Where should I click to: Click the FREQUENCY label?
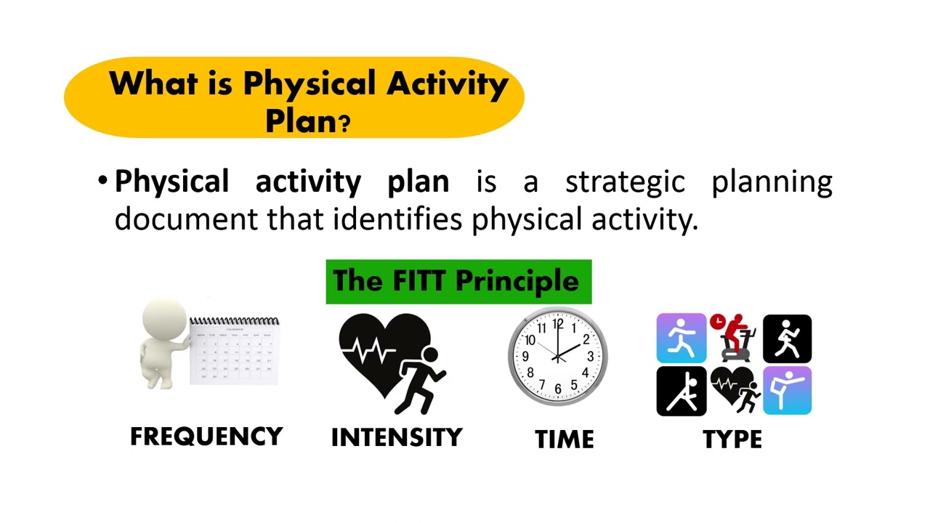(206, 437)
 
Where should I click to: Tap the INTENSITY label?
(397, 437)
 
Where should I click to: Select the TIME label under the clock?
(565, 439)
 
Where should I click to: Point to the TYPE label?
(732, 439)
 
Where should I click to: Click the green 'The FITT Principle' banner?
(458, 281)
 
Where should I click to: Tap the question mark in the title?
(344, 123)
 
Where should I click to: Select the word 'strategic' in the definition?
(625, 182)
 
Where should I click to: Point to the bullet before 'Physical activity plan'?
(103, 179)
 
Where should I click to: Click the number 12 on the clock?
(557, 325)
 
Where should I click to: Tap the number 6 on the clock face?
(558, 389)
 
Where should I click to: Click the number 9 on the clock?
(525, 357)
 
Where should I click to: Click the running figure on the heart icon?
(424, 378)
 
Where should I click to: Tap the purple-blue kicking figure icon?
(787, 391)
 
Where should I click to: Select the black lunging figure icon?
(681, 391)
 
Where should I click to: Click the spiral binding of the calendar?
(234, 320)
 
